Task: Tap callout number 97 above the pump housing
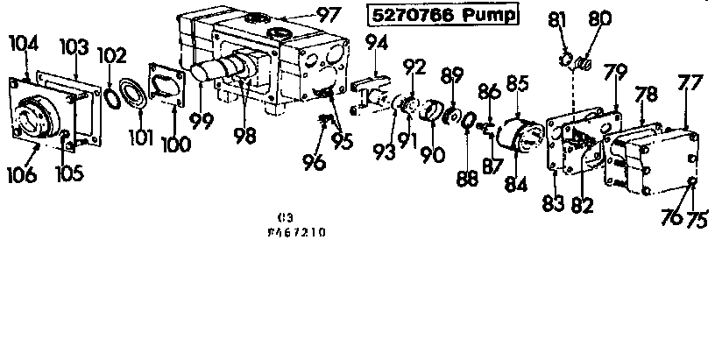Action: tap(328, 15)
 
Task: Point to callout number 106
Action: tap(22, 175)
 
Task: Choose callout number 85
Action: tap(518, 85)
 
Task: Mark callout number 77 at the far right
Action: tap(690, 84)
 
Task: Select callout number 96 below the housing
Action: tap(314, 161)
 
